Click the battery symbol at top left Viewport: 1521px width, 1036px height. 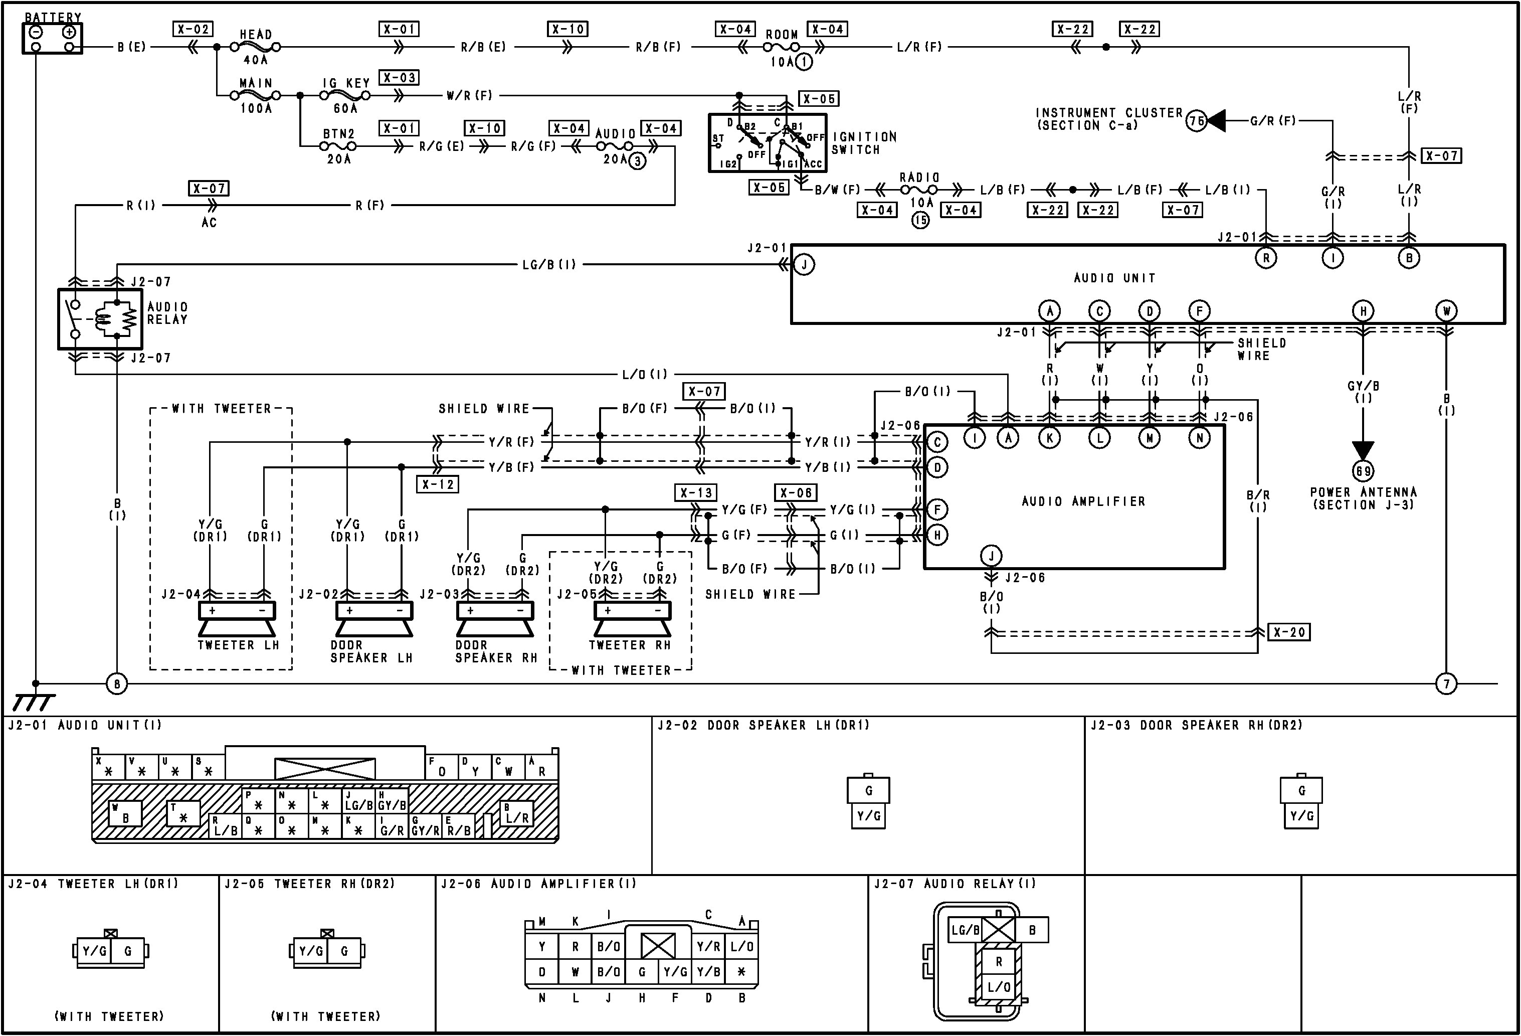(x=52, y=39)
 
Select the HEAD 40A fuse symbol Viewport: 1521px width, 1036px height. (x=256, y=47)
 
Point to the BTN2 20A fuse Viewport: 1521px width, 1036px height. (x=339, y=145)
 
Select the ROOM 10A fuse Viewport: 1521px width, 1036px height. (x=782, y=47)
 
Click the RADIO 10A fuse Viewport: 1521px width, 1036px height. (x=919, y=190)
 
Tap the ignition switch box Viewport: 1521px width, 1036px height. (x=767, y=143)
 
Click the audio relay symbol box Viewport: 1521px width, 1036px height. (x=99, y=319)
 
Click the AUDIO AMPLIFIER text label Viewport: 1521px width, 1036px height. (x=1083, y=501)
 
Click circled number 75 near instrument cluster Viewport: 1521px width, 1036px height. (x=1196, y=121)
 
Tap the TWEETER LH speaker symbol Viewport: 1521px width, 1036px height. (x=237, y=619)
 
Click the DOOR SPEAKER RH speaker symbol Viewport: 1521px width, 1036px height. (x=495, y=619)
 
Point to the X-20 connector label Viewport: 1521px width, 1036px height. (x=1289, y=632)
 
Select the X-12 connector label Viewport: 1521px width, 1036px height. (x=437, y=484)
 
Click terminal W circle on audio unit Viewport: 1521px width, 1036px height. (x=1446, y=311)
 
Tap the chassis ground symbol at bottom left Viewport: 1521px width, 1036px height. (x=33, y=702)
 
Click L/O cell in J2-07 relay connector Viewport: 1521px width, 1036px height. (x=999, y=987)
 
